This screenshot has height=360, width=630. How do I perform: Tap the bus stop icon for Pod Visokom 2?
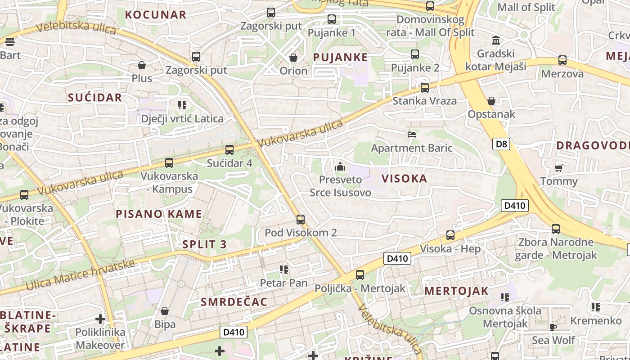(301, 220)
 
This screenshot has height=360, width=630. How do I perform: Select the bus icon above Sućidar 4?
(229, 150)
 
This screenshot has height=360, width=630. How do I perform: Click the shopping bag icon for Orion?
(293, 58)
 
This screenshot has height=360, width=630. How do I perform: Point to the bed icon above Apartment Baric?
(411, 135)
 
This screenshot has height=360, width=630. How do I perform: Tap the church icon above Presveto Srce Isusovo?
(340, 166)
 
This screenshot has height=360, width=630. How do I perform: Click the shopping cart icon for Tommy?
(558, 168)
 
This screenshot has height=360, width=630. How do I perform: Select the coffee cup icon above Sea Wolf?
(553, 327)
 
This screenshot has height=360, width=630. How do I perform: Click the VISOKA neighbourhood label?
(405, 179)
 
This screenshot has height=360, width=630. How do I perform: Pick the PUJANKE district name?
(340, 57)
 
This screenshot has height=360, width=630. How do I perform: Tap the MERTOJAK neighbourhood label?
(456, 291)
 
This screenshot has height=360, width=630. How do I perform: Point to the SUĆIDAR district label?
(95, 97)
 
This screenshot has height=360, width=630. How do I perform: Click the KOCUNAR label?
(156, 14)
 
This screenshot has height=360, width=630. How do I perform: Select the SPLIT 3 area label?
(204, 244)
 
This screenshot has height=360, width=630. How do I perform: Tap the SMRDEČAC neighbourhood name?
(234, 301)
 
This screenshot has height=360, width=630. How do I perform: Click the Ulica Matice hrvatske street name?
(80, 275)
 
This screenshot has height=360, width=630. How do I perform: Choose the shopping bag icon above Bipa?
(165, 311)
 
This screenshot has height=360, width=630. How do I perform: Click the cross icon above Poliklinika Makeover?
(100, 319)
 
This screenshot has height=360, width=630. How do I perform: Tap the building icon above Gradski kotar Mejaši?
(496, 40)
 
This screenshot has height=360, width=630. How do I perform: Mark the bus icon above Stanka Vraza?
(424, 88)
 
